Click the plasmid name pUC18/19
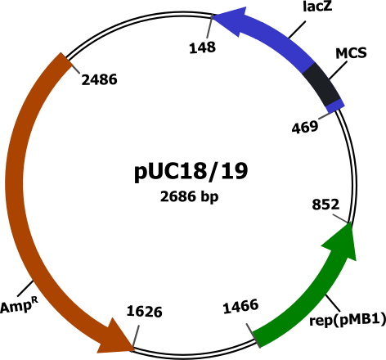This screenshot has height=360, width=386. (x=191, y=172)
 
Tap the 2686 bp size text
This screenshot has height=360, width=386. (x=190, y=196)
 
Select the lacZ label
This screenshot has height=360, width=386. (x=317, y=7)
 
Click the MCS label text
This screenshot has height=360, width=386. (x=351, y=53)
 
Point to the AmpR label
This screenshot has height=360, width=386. (x=20, y=305)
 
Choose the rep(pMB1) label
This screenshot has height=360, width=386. (x=348, y=320)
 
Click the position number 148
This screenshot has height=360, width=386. (x=203, y=47)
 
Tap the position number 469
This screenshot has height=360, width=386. (x=305, y=127)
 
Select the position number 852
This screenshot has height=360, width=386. (x=325, y=205)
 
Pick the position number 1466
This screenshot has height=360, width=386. (x=240, y=306)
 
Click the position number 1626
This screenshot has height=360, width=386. (x=144, y=312)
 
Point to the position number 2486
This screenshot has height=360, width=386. (x=99, y=79)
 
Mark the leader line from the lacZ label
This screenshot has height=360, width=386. (x=297, y=29)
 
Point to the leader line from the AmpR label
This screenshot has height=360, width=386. (x=25, y=289)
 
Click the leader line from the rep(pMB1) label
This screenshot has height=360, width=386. (x=333, y=303)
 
